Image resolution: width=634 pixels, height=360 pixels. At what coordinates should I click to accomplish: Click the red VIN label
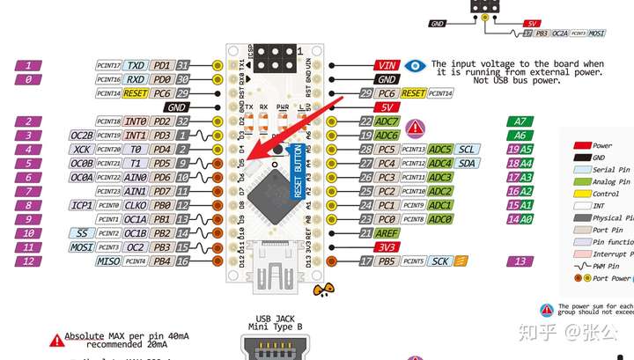pos(386,65)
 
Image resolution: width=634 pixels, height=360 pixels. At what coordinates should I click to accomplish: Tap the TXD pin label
pos(136,65)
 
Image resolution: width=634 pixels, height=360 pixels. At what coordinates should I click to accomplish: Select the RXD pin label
pos(136,79)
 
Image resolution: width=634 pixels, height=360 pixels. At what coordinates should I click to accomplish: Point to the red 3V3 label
pos(386,246)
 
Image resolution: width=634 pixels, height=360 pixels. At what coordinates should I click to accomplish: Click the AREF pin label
pos(386,232)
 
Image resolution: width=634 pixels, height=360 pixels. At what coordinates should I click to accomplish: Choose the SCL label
pos(468,150)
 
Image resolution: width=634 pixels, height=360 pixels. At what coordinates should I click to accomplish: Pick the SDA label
pos(468,164)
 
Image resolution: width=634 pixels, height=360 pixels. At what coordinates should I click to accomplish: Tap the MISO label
pos(108,261)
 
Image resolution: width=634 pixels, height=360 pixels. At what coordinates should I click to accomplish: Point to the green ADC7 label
pos(387,121)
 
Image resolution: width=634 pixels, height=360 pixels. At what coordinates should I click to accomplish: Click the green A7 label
pos(520,121)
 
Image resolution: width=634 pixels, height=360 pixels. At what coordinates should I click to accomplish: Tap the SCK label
pos(440,261)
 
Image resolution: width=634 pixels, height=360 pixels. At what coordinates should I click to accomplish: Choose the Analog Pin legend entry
pos(613,182)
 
